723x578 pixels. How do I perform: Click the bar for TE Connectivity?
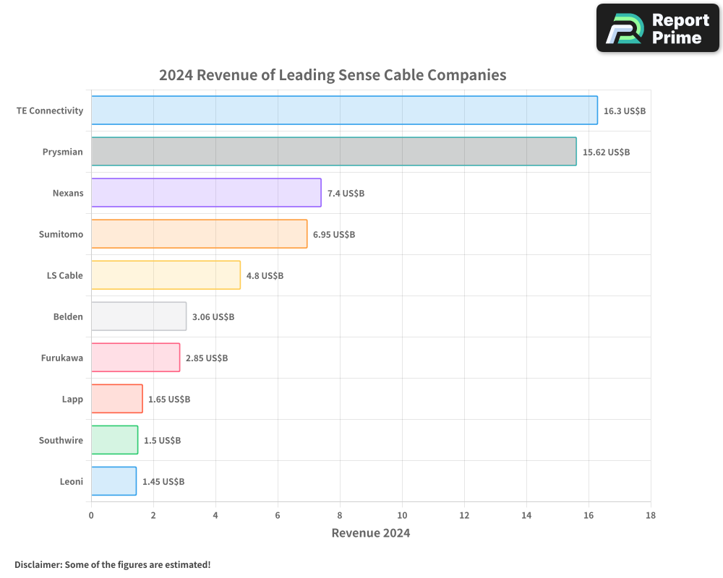344,111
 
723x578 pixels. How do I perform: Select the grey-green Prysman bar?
333,152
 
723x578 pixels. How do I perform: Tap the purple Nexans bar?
206,193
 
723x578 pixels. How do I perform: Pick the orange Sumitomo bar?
199,234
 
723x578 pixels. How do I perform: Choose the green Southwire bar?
114,440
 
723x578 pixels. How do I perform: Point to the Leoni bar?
114,481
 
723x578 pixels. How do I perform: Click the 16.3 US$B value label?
625,111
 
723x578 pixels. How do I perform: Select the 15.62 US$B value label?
606,152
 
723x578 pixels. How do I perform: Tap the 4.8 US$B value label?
265,276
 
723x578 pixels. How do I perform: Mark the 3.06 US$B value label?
213,317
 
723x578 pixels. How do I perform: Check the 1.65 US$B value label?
169,400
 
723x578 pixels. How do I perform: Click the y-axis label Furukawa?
62,358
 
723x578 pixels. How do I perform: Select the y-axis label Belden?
68,317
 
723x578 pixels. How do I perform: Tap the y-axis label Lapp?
72,400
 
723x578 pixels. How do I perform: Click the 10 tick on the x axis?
402,515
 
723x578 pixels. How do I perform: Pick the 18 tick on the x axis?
651,515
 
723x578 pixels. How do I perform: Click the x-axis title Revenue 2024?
371,533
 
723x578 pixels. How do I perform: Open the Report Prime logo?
657,28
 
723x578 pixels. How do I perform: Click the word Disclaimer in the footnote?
38,564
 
